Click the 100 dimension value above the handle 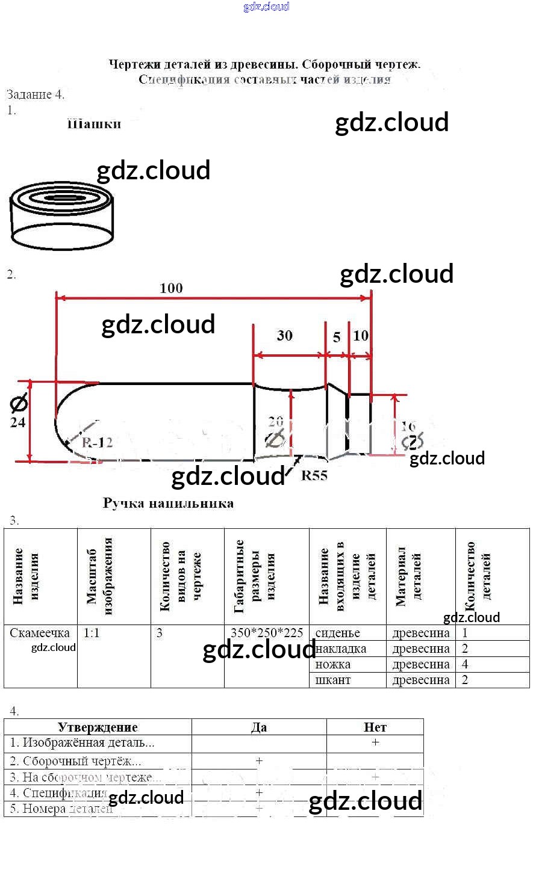click(x=171, y=288)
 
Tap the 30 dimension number click(x=284, y=336)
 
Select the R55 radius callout click(x=314, y=475)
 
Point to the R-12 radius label click(x=97, y=442)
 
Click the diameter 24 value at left click(x=17, y=422)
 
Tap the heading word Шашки click(x=94, y=125)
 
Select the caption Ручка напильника click(x=168, y=503)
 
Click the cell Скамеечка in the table click(x=40, y=633)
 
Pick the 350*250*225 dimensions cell click(x=267, y=633)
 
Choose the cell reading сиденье click(x=337, y=633)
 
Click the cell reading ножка click(x=332, y=664)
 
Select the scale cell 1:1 click(x=92, y=633)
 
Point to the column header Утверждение click(x=98, y=727)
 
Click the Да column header click(x=259, y=727)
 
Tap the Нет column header click(x=375, y=727)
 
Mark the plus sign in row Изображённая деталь click(x=375, y=742)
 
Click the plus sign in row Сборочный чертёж click(x=259, y=760)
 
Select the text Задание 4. click(x=36, y=94)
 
